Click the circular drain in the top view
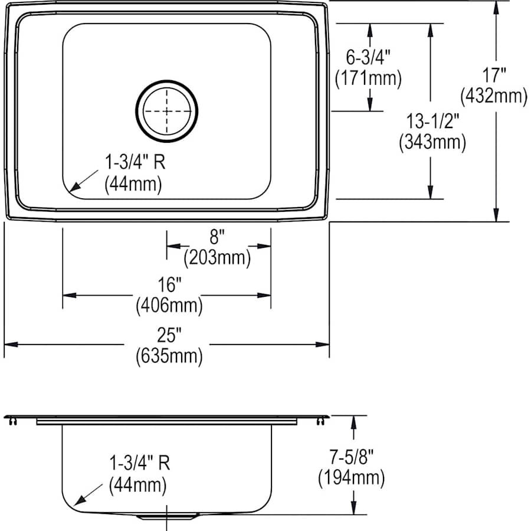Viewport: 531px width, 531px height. [167, 112]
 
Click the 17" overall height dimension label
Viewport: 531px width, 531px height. [493, 76]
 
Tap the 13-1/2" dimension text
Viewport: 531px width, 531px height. [431, 122]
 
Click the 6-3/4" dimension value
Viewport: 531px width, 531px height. [369, 57]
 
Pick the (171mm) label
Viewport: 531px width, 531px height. [368, 77]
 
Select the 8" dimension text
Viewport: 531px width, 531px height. [218, 237]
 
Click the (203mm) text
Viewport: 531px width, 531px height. [217, 257]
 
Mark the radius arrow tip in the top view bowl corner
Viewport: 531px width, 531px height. [70, 190]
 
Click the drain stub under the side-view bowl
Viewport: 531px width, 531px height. [167, 516]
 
